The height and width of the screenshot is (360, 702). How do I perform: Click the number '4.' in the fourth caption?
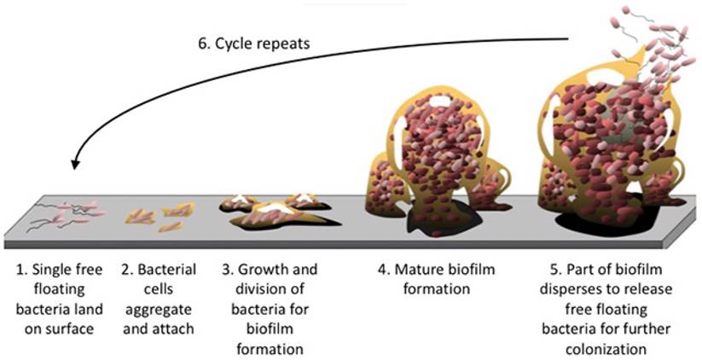click(386, 270)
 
